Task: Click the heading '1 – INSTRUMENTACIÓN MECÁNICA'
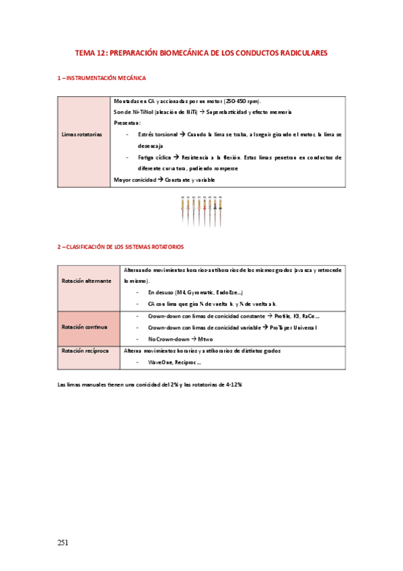point(101,79)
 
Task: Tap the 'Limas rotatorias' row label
point(82,135)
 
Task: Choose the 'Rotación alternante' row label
point(87,281)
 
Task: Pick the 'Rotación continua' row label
point(84,327)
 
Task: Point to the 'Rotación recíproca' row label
point(85,351)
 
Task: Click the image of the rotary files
point(201,210)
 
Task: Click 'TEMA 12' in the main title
point(89,53)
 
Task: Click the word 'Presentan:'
point(128,123)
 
